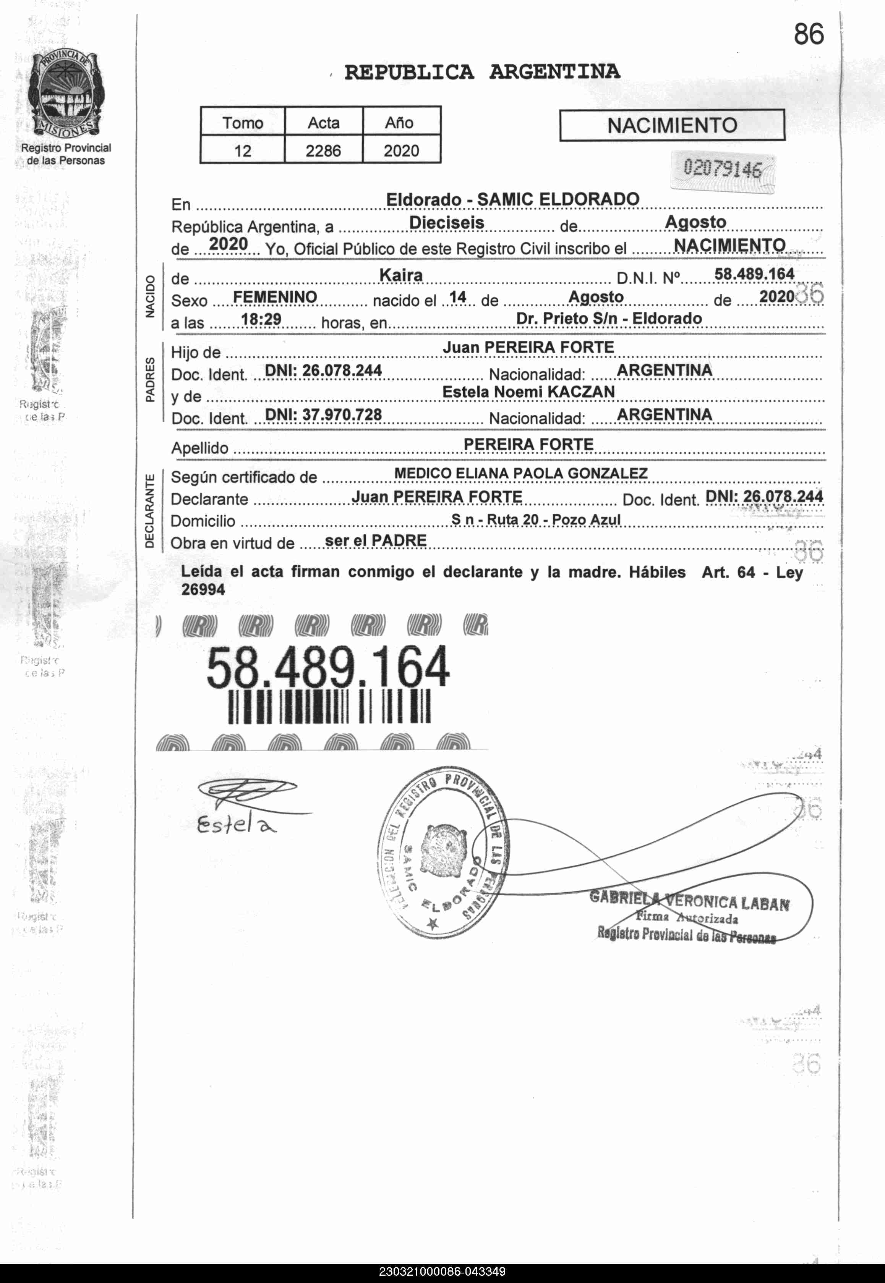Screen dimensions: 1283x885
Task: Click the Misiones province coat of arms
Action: click(x=65, y=94)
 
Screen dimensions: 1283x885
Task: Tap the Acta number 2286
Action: click(x=323, y=150)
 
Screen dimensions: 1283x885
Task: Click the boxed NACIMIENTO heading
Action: click(x=672, y=125)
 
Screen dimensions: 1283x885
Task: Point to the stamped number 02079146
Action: click(x=722, y=168)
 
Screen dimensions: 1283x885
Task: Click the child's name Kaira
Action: click(x=400, y=275)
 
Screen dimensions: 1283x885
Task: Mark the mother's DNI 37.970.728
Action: click(x=323, y=414)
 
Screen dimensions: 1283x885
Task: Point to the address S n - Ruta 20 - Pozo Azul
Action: click(x=536, y=519)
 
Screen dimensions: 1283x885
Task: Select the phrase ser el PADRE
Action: click(x=375, y=540)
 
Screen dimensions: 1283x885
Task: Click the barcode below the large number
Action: click(x=329, y=706)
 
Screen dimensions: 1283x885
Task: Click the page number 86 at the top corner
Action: click(x=809, y=35)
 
